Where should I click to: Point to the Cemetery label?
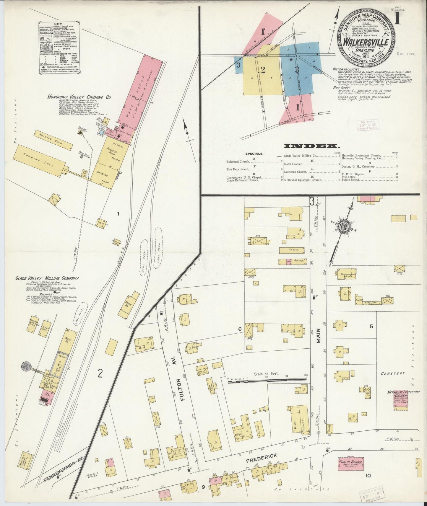pos(393,373)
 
